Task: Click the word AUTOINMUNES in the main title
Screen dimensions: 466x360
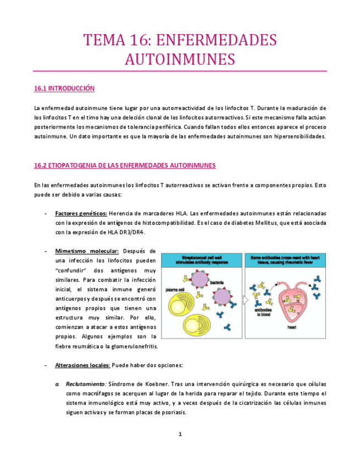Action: (180, 59)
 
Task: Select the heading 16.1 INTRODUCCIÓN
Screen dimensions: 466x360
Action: (64, 88)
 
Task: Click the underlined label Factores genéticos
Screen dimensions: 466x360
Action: (81, 213)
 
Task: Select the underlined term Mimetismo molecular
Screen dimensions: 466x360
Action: (87, 251)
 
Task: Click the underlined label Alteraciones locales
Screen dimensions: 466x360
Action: (83, 365)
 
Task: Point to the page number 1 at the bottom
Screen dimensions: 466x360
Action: (180, 434)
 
